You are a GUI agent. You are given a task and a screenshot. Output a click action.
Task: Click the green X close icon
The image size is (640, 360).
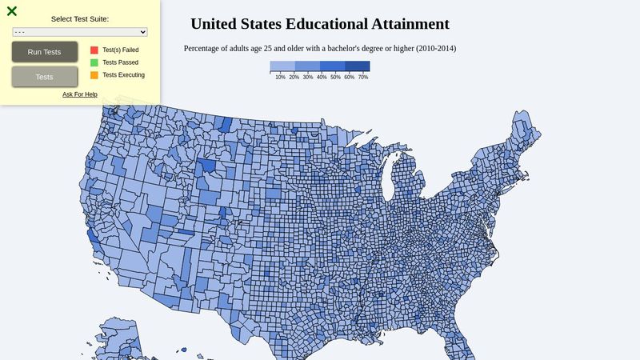tap(12, 11)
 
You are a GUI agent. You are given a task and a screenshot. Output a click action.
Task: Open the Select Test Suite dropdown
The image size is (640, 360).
tap(80, 32)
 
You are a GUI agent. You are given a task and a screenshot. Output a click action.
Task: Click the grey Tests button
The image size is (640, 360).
tap(45, 77)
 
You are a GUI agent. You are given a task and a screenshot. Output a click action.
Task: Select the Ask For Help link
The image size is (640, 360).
tap(80, 94)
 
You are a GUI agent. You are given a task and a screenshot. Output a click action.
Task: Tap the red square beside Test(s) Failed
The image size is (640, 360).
tap(94, 50)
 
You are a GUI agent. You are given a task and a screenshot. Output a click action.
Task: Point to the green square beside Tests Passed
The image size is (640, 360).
tap(94, 62)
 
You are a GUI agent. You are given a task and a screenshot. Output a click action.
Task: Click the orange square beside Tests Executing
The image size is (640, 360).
tap(94, 75)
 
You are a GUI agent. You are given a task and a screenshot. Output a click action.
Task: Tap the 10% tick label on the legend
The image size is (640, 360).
tap(280, 78)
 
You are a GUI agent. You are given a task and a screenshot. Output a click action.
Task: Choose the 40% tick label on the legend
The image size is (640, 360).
tap(322, 78)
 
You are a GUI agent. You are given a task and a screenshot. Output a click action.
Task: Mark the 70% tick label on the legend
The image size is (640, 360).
tap(363, 78)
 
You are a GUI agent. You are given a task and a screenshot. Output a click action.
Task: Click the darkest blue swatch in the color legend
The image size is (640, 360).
tap(358, 66)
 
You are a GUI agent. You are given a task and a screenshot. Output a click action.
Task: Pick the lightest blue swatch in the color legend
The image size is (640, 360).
tap(282, 66)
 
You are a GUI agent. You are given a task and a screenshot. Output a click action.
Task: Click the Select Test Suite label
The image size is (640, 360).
tap(80, 18)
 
